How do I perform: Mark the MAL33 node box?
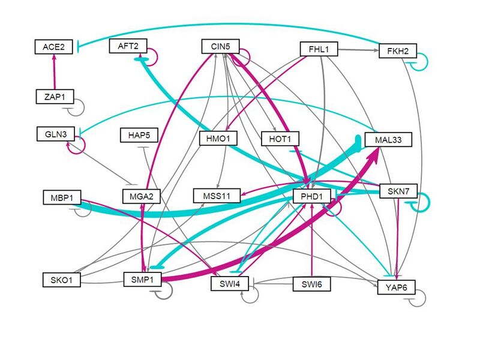(388, 140)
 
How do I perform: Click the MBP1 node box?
(62, 197)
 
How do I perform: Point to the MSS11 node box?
(217, 196)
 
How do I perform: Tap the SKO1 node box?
(62, 279)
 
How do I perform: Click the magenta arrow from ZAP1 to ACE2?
(55, 71)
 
